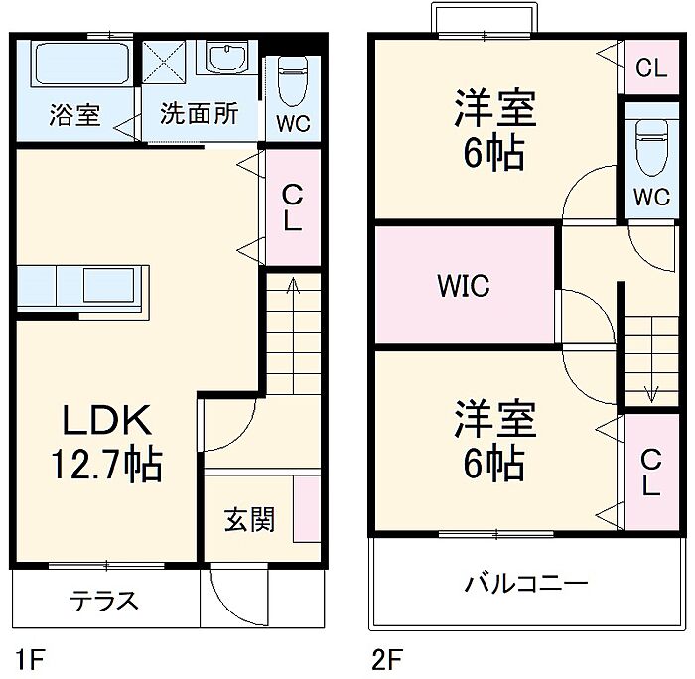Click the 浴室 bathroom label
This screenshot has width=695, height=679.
[x=74, y=115]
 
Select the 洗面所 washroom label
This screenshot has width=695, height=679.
[x=200, y=114]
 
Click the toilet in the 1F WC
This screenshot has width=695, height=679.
[x=292, y=81]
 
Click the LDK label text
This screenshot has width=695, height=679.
[x=107, y=422]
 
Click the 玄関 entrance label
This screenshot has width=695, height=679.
[x=248, y=519]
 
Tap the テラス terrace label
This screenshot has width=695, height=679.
[x=103, y=602]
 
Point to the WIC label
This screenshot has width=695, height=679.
[x=464, y=286]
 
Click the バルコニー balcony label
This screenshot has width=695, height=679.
[x=526, y=583]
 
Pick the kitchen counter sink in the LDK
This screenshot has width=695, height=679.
[x=112, y=286]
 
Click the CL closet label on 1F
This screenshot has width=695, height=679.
[x=291, y=207]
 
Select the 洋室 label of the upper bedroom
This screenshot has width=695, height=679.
[x=495, y=109]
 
